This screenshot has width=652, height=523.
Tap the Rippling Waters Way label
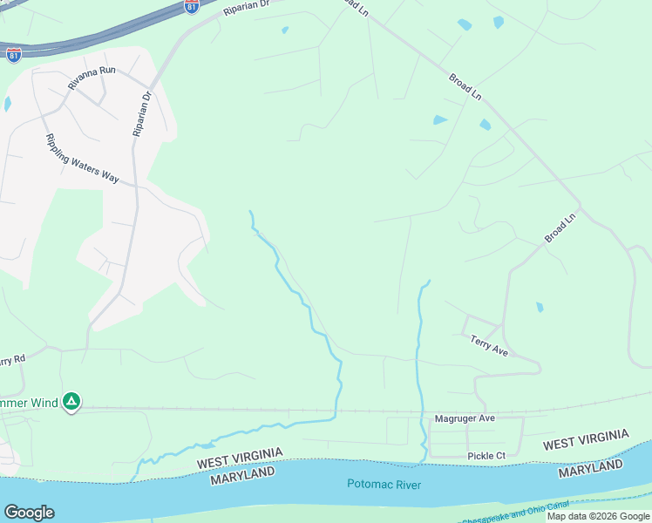(81, 158)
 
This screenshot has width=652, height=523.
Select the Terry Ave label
(489, 345)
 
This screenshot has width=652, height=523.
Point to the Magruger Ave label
(465, 418)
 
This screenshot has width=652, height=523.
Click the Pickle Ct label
(486, 456)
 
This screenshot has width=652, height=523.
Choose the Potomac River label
(384, 485)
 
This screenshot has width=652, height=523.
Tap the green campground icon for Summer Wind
(71, 402)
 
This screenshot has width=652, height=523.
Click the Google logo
(29, 513)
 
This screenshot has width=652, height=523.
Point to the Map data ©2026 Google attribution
(598, 516)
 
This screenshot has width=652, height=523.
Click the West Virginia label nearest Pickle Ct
(585, 439)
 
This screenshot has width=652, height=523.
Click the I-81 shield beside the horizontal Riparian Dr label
(192, 5)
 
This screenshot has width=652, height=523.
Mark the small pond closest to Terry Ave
(540, 307)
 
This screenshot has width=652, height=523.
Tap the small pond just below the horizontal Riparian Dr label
(285, 31)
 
